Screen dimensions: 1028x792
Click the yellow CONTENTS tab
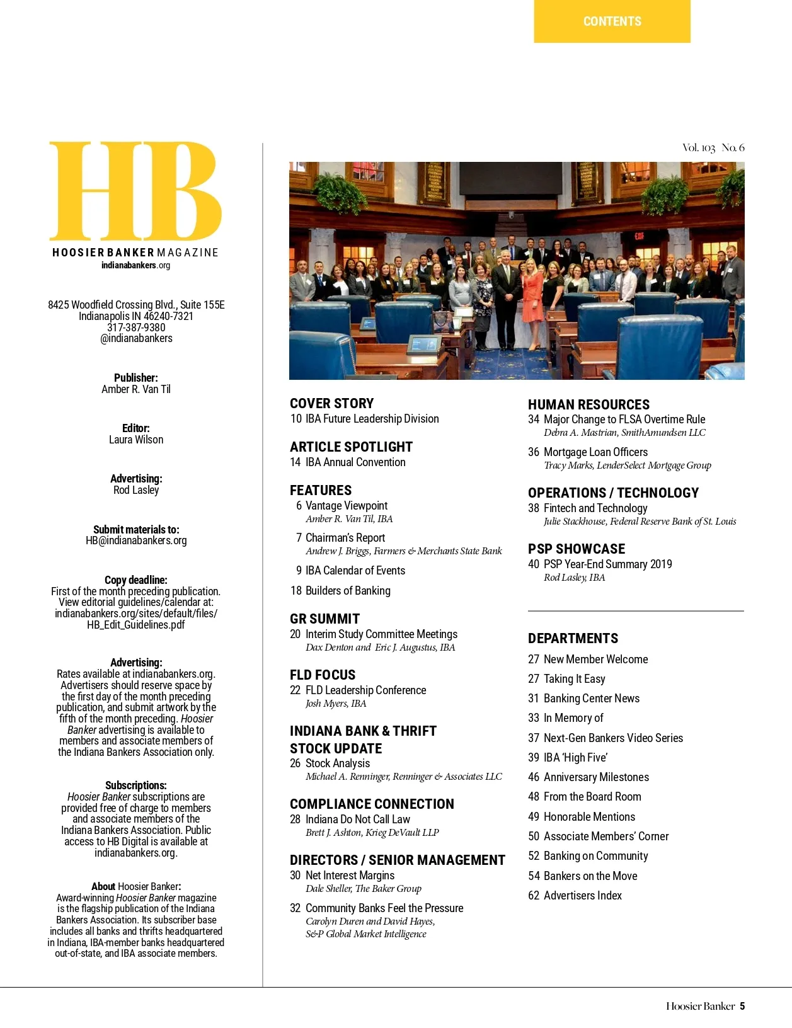point(612,21)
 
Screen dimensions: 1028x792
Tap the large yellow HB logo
point(135,190)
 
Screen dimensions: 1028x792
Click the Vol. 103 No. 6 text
point(713,148)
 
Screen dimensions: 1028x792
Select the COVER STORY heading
point(331,404)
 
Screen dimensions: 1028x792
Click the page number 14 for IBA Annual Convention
point(295,462)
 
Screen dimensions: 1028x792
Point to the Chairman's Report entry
point(345,538)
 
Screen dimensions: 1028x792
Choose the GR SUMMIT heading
point(324,619)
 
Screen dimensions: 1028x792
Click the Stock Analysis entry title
point(338,763)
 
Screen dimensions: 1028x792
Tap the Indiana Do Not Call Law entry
point(357,820)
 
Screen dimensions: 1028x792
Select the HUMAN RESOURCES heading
point(588,405)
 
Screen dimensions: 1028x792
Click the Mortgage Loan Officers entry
point(595,452)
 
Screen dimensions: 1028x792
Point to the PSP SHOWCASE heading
point(577,549)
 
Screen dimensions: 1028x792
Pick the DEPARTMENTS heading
point(573,639)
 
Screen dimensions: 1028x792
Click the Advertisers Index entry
point(582,896)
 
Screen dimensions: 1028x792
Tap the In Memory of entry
point(573,718)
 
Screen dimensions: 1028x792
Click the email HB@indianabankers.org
point(136,540)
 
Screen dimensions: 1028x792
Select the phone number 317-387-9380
point(136,328)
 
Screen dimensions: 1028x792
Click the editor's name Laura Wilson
point(136,440)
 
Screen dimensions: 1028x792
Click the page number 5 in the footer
point(742,1007)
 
